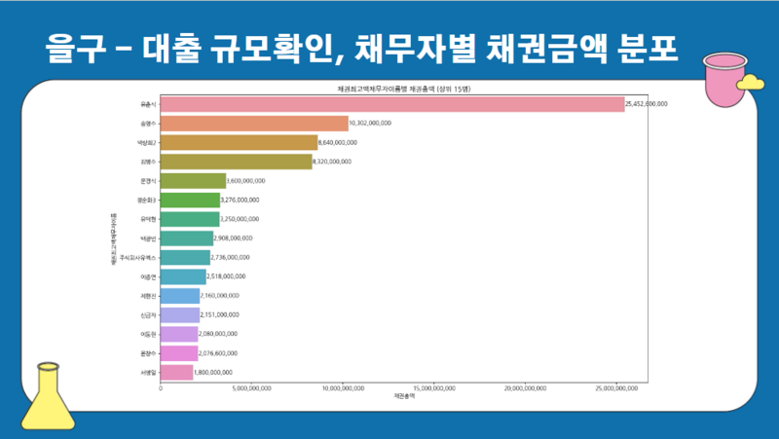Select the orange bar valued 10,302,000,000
[x=254, y=123]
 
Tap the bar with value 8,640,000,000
[x=239, y=142]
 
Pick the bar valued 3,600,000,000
[x=193, y=180]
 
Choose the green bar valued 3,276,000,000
[x=190, y=200]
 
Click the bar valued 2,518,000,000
[x=183, y=276]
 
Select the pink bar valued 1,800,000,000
[x=176, y=372]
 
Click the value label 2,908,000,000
[x=233, y=238]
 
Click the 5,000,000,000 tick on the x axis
[x=252, y=387]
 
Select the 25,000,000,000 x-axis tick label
[x=613, y=387]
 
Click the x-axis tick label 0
[x=161, y=387]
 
